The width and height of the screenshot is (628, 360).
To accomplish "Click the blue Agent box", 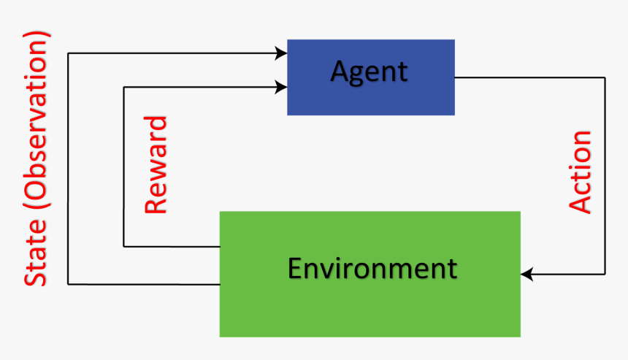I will (371, 77).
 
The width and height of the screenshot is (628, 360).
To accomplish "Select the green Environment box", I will (370, 274).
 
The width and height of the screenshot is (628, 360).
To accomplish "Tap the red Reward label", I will (156, 164).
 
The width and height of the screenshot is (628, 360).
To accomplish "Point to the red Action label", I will (580, 172).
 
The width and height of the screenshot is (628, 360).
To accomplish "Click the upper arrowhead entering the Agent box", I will (281, 53).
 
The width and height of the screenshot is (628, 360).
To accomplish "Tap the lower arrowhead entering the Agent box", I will (281, 87).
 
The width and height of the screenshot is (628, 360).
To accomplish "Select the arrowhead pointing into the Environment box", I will (526, 275).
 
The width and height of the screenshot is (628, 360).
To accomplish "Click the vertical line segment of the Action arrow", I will (605, 175).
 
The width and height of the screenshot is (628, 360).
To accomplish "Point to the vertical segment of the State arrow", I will (67, 168).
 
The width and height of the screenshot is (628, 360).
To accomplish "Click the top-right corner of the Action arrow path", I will (605, 77).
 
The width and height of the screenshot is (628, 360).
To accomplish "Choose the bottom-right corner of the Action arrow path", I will (605, 275).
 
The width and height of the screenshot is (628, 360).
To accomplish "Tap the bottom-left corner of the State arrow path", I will (67, 284).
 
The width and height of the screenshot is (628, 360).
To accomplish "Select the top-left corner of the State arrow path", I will (67, 53).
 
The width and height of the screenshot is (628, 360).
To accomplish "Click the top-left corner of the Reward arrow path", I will (124, 87).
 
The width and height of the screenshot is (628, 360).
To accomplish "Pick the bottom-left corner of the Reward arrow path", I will (124, 246).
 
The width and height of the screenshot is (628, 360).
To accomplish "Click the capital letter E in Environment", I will (295, 268).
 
